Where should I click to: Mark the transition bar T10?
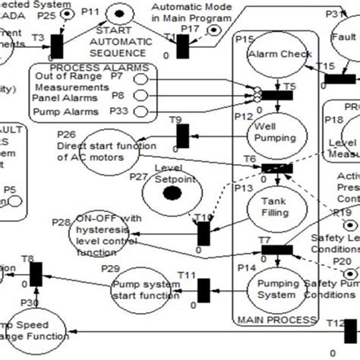[x=203, y=232]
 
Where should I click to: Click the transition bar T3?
[x=57, y=45]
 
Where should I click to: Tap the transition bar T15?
[x=338, y=78]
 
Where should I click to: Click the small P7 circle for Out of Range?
[x=141, y=77]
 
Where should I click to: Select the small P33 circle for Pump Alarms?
[x=141, y=112]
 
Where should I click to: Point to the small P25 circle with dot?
[x=66, y=14]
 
